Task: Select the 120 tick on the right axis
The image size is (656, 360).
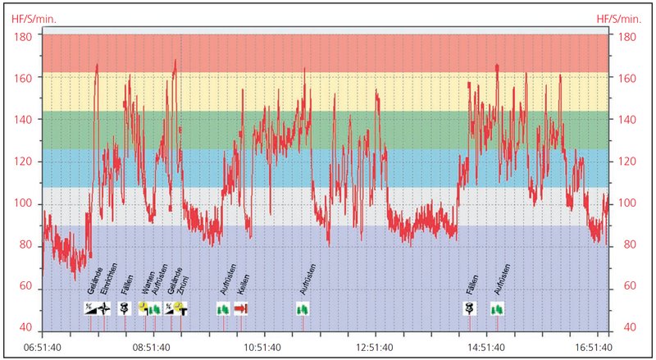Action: click(627, 162)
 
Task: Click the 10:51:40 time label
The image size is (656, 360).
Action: click(264, 347)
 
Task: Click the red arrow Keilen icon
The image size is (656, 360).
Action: click(240, 308)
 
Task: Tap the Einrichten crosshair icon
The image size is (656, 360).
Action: click(104, 308)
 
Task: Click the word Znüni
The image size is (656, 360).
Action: click(183, 284)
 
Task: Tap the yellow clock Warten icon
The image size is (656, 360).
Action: click(143, 308)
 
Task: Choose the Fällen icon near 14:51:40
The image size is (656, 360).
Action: click(471, 308)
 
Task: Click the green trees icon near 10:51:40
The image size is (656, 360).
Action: click(303, 308)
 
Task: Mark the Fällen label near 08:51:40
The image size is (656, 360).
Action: click(126, 284)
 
